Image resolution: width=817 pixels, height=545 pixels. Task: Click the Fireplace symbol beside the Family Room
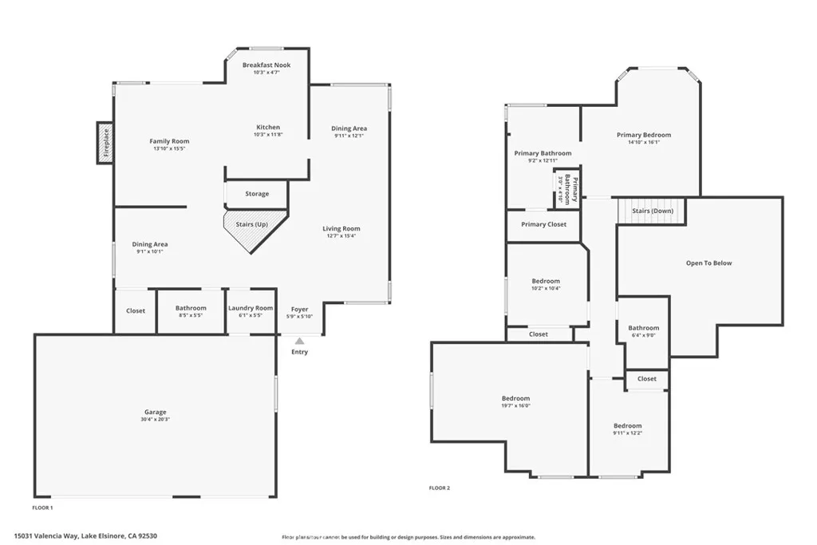[x=105, y=143]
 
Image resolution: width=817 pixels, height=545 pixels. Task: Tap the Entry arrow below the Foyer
[x=299, y=342]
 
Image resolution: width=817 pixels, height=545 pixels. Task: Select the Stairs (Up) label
[x=251, y=224]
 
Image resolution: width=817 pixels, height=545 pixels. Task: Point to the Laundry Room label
[x=251, y=308]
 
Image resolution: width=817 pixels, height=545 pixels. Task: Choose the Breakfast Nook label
[x=266, y=65]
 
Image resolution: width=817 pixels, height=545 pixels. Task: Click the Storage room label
[x=257, y=194]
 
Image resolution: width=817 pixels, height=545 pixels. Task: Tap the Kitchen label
[x=268, y=128]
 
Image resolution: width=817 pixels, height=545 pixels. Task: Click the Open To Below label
[x=708, y=263]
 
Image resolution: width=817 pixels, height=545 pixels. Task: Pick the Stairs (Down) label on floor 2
[x=652, y=211]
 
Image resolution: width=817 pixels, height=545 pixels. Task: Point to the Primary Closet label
[x=544, y=224]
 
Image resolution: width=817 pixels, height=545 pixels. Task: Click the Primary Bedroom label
[x=644, y=135]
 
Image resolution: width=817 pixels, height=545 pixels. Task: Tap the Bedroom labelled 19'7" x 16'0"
[x=515, y=398]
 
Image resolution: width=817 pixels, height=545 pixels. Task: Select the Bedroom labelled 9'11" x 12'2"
[x=627, y=426]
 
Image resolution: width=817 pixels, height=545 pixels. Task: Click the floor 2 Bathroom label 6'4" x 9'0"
[x=643, y=328]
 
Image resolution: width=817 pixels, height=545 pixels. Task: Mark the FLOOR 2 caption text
[x=440, y=488]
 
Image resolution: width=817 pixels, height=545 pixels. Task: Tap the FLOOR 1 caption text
[x=42, y=507]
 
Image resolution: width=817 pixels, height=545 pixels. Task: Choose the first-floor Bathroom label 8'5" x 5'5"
[x=191, y=308]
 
